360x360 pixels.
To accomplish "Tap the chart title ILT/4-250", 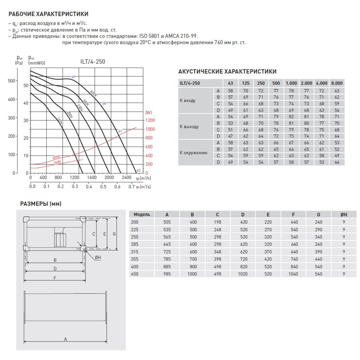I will (x=93, y=62).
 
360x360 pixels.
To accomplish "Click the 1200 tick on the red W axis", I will (x=150, y=120).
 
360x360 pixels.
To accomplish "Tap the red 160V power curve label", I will (x=57, y=162).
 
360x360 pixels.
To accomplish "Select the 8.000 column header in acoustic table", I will (x=337, y=83).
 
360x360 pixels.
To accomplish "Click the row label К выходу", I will (x=189, y=127).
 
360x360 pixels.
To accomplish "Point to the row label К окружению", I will (x=193, y=153).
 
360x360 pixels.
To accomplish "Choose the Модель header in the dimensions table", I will (x=142, y=214).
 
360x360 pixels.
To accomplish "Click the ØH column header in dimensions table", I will (x=344, y=214).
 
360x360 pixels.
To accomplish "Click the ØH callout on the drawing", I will (x=99, y=257).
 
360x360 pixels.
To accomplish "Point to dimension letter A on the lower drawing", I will (x=65, y=339).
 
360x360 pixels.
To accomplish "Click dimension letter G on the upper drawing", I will (x=114, y=234).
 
